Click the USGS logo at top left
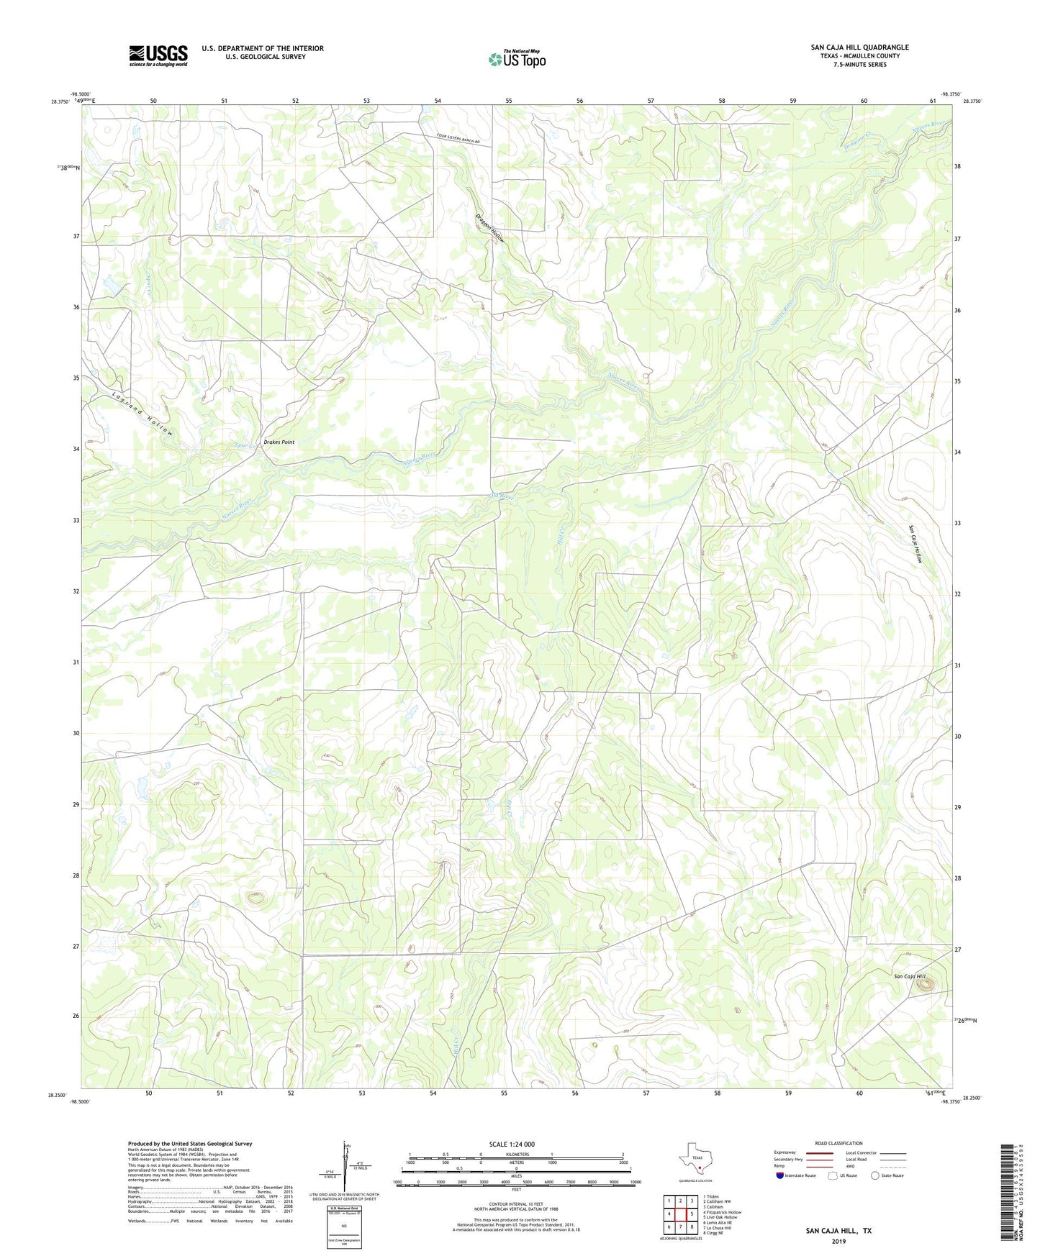[x=158, y=55]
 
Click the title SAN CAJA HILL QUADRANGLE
[x=859, y=47]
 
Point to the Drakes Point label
[x=279, y=442]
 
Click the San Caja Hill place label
[x=910, y=976]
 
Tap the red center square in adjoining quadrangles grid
[x=680, y=1215]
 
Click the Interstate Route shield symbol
[x=781, y=1175]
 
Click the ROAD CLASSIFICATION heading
[x=838, y=1143]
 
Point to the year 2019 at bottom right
[x=838, y=1241]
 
